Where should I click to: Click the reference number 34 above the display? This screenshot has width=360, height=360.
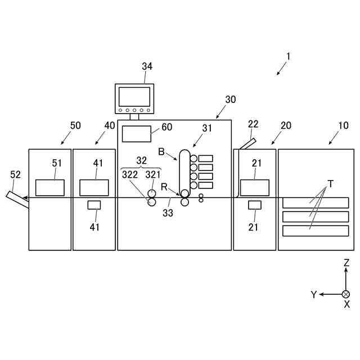147,66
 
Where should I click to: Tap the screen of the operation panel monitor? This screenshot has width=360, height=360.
134,96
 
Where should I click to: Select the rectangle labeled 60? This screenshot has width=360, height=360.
137,134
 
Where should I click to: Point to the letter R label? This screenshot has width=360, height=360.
164,186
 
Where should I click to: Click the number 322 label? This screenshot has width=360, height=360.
130,174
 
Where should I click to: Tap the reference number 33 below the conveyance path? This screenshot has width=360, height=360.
168,213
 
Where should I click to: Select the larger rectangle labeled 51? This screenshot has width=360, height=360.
50,187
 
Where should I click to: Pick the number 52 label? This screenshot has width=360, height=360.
15,174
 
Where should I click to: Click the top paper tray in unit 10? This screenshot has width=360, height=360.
316,203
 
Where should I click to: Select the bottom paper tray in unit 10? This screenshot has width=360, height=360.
316,231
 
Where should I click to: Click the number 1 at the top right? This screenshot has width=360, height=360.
288,56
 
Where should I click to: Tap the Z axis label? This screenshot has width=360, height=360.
346,263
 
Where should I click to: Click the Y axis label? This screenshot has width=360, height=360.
314,295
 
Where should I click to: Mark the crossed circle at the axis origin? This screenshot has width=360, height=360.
346,294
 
